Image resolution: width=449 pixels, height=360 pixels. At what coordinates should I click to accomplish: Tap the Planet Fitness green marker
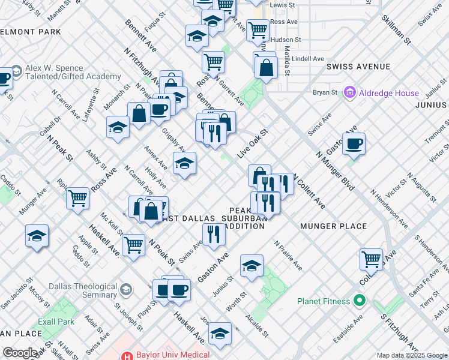click(x=360, y=300)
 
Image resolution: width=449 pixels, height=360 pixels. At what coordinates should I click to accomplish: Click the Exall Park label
click(x=56, y=322)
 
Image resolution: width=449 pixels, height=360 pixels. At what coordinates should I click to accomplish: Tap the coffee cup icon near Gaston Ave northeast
click(x=354, y=143)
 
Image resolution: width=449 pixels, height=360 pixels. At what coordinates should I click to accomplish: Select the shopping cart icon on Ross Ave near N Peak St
click(x=78, y=198)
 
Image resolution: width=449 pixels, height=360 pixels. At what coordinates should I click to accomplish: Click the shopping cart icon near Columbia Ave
click(x=372, y=259)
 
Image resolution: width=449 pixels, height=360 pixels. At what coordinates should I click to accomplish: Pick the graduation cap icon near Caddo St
click(x=37, y=236)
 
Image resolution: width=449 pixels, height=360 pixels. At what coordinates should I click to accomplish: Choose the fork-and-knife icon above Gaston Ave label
click(x=213, y=234)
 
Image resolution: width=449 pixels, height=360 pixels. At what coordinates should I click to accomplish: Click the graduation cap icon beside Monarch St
click(x=118, y=127)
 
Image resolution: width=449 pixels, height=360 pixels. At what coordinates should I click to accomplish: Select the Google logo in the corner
click(x=20, y=353)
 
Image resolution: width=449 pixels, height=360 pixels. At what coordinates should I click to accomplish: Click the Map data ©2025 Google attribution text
click(x=412, y=355)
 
